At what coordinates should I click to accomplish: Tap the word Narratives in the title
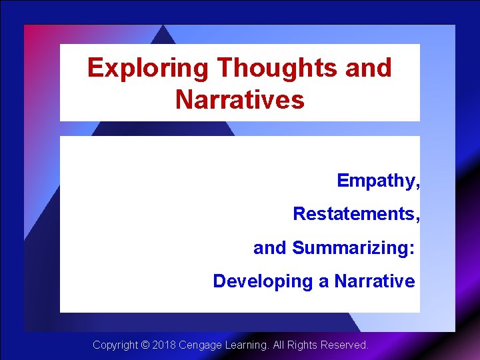pos(240,100)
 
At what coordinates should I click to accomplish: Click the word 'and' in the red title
pos(367,68)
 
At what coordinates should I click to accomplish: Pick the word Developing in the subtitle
pos(263,281)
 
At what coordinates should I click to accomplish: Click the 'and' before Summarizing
pos(269,248)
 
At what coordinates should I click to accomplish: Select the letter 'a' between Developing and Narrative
pos(323,281)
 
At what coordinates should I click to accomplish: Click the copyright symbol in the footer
pos(145,345)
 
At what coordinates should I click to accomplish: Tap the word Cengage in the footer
pos(201,345)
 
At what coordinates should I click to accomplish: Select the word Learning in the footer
pos(247,345)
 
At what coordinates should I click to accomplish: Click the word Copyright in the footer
pos(115,345)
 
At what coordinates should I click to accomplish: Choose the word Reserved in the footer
pos(345,345)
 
